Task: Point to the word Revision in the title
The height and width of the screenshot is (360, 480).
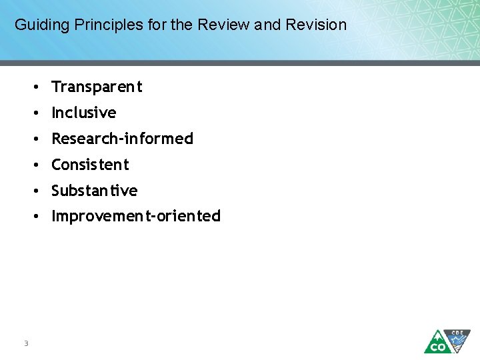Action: (x=316, y=25)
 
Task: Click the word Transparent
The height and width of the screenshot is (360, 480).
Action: (x=97, y=87)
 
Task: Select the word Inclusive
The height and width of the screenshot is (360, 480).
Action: (x=84, y=113)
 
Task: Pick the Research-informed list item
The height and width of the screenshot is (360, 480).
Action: (x=122, y=139)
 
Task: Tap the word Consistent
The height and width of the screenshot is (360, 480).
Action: (x=90, y=165)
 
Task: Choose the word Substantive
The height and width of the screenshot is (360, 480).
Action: (x=95, y=191)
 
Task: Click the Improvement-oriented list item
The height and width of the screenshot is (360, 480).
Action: (x=136, y=216)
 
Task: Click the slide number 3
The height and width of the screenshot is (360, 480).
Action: (x=25, y=343)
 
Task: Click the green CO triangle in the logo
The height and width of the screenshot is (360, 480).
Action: (x=437, y=343)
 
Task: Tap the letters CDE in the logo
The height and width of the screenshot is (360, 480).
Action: (x=457, y=332)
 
